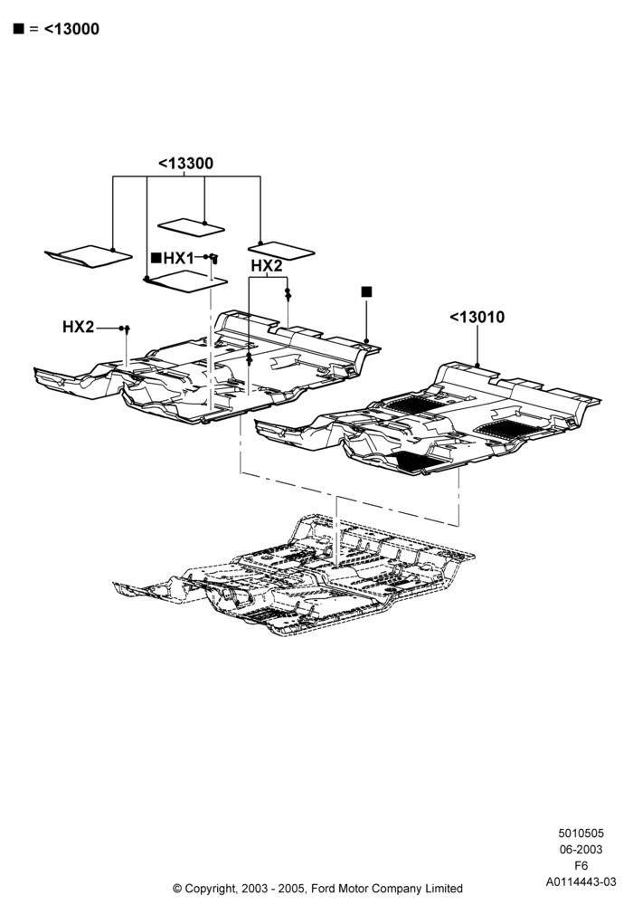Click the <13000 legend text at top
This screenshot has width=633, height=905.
coord(71,29)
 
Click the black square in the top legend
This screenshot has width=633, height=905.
coord(19,29)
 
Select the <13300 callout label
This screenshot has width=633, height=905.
coord(185,163)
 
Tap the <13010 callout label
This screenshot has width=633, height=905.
coord(477,317)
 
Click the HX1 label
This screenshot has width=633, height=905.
coord(179,258)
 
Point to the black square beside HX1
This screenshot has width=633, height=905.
coord(156,258)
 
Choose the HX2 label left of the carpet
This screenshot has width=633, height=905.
coord(78,327)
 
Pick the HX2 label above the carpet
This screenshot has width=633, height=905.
coord(267,265)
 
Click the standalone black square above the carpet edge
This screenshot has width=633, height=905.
coord(366,292)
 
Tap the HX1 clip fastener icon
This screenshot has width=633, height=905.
coord(214,258)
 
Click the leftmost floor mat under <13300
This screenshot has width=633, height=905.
coord(89,256)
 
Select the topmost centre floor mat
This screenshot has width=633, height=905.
coord(192,227)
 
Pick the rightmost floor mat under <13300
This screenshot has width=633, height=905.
coord(281,251)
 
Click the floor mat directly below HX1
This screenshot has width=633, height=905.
coord(185,281)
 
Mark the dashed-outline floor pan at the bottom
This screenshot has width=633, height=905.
coord(294,577)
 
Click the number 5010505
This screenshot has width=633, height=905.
coord(581,834)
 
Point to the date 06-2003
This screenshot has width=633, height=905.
coord(581,850)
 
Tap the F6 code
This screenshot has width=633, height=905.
coord(581,866)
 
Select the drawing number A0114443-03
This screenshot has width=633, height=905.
coord(581,881)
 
